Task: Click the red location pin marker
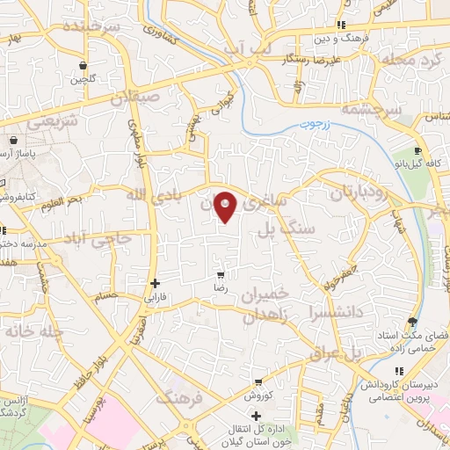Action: (x=227, y=206)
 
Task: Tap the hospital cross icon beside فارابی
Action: (x=156, y=283)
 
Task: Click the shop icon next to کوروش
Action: (x=258, y=382)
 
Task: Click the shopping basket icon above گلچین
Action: (x=83, y=64)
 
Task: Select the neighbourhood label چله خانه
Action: (x=36, y=333)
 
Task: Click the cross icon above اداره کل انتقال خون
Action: (x=256, y=416)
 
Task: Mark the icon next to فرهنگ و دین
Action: (x=340, y=25)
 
